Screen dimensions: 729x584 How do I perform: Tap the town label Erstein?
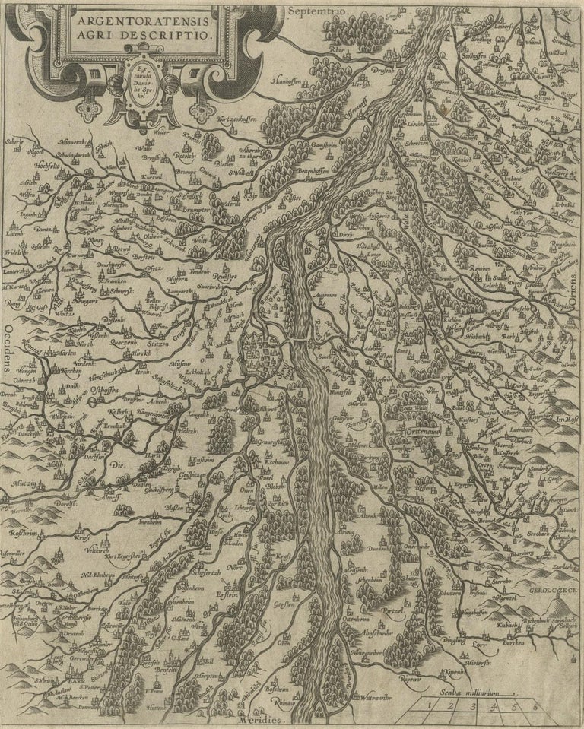coord(228,594)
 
